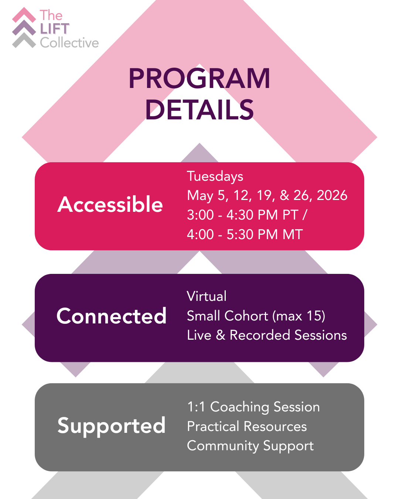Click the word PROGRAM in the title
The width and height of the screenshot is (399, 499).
(199, 78)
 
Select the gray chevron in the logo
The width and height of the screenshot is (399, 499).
(24, 41)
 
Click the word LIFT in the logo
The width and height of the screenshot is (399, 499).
(55, 29)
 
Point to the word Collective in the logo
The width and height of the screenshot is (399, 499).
(69, 43)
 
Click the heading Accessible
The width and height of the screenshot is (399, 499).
(110, 204)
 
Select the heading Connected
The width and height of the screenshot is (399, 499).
(112, 316)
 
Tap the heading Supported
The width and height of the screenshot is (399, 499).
(112, 426)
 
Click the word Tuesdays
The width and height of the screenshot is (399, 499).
(215, 177)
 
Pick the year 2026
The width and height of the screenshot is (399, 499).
(332, 195)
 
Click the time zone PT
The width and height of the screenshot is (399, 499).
(290, 215)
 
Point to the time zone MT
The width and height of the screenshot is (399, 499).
(293, 234)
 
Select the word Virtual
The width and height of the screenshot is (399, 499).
(207, 296)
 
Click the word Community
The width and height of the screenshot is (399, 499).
(223, 446)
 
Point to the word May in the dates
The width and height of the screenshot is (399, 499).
(200, 196)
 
